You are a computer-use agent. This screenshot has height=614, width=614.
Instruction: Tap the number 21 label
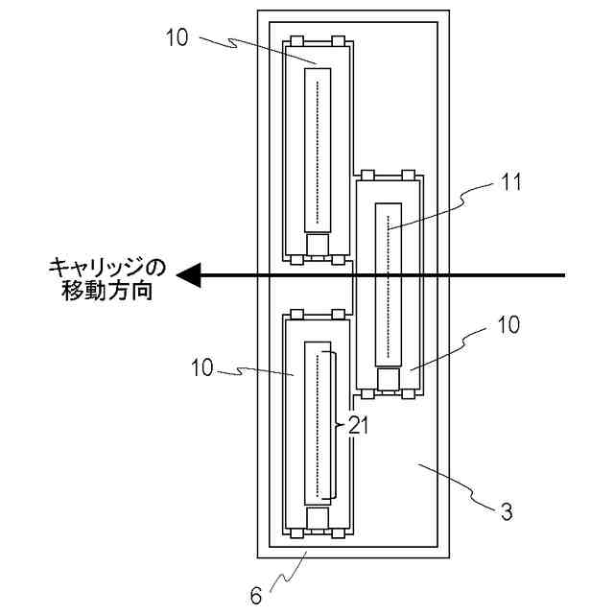click(358, 425)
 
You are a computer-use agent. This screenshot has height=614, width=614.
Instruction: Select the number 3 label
click(507, 510)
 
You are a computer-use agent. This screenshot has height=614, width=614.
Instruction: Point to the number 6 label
click(255, 596)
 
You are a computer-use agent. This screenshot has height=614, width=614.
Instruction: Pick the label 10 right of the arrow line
click(508, 325)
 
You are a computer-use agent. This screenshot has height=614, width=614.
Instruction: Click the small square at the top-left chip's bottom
click(318, 247)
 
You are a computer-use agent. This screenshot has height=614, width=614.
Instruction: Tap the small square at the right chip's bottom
click(389, 380)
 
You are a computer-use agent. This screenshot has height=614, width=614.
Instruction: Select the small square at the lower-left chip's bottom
click(318, 519)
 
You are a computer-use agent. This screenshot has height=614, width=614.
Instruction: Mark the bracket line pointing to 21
click(336, 425)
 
